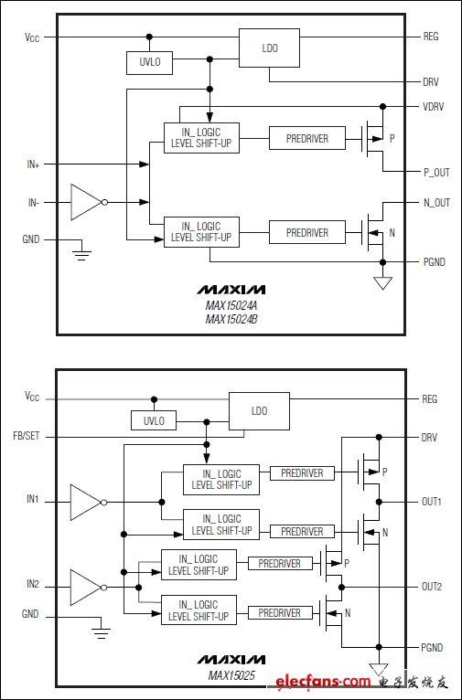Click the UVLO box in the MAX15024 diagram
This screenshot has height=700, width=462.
(150, 63)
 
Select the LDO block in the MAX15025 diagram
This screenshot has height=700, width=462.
(259, 410)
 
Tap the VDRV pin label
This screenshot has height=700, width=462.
(434, 107)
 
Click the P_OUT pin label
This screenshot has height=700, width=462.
(436, 173)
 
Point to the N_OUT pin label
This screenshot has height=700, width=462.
(436, 203)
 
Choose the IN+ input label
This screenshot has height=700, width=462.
(33, 164)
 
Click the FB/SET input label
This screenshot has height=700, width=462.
(27, 436)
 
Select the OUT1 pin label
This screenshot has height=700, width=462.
(432, 502)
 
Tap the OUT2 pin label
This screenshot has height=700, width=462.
(432, 587)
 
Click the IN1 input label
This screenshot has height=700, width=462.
(33, 499)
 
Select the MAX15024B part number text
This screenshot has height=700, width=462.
(231, 319)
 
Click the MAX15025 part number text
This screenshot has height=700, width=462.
(231, 675)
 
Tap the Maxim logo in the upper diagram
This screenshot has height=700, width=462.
(231, 291)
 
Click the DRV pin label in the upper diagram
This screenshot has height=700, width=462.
(431, 82)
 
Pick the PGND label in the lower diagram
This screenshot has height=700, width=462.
(432, 647)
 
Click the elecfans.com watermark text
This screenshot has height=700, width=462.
(323, 681)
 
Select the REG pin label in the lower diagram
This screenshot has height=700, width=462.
(430, 399)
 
